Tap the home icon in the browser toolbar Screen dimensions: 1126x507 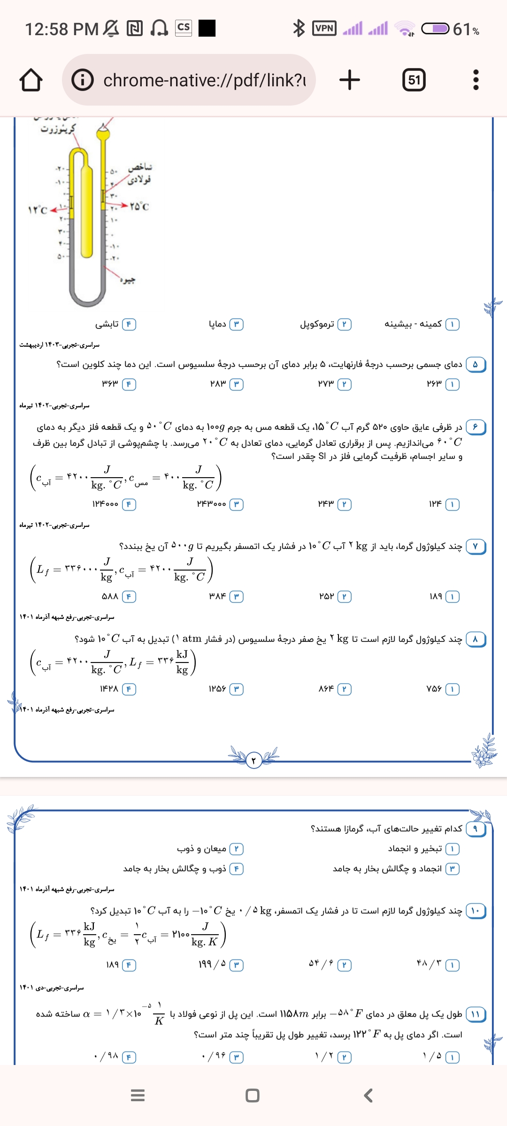pyautogui.click(x=31, y=80)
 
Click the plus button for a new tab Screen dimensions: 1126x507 pyautogui.click(x=350, y=80)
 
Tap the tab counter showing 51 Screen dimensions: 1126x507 pyautogui.click(x=414, y=80)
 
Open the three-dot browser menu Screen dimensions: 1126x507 pyautogui.click(x=476, y=80)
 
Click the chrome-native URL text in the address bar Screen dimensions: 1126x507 pyautogui.click(x=205, y=80)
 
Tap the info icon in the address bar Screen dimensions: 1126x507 pyautogui.click(x=83, y=80)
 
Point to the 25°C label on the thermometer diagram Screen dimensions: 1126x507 pyautogui.click(x=139, y=206)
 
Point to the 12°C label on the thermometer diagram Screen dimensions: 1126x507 pyautogui.click(x=38, y=210)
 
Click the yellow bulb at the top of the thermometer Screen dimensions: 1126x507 pyautogui.click(x=103, y=133)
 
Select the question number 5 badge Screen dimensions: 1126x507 pyautogui.click(x=475, y=365)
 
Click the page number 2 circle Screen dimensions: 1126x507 pyautogui.click(x=253, y=760)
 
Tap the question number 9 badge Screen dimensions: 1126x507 pyautogui.click(x=475, y=829)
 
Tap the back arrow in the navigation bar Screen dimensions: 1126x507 pyautogui.click(x=369, y=1096)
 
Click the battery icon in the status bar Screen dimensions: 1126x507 pyautogui.click(x=435, y=29)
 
